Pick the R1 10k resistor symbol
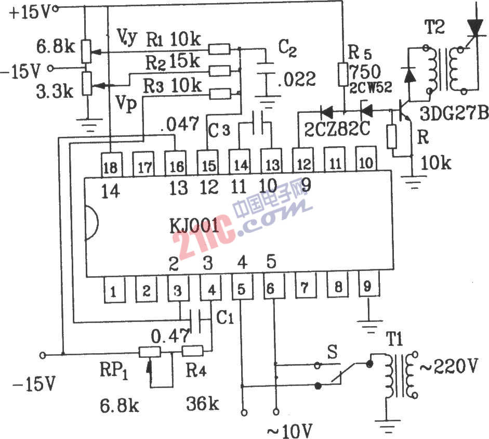click(219, 49)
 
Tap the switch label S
click(333, 352)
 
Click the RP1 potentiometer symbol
click(150, 352)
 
